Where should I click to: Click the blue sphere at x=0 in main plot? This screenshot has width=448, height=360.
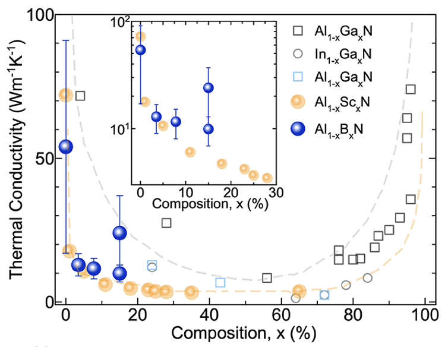pos(65,147)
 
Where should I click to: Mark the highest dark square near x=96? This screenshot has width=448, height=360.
pos(411,90)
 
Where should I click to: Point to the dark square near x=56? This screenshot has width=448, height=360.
pos(267,277)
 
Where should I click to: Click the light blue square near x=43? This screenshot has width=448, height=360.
pos(220,283)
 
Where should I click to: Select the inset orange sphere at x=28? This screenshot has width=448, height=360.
pos(267,177)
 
